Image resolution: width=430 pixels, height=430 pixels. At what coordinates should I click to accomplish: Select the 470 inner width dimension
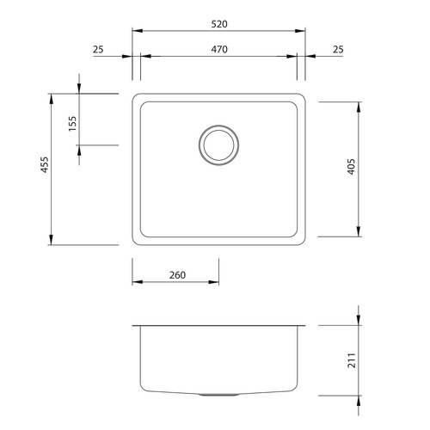(x=218, y=50)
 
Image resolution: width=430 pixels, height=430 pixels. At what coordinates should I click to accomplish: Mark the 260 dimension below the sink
(x=176, y=275)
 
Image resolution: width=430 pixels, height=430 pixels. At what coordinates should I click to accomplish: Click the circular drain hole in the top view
(x=218, y=144)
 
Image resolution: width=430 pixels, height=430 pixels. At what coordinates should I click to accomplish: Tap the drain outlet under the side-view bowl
(x=218, y=395)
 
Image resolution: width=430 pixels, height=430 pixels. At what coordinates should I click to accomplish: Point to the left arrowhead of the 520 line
(x=135, y=32)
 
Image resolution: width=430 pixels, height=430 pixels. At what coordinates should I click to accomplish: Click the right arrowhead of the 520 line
(x=303, y=32)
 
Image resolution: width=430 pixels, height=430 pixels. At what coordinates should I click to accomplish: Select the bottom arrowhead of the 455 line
(x=52, y=242)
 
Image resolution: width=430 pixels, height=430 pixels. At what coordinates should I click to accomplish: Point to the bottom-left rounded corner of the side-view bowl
(x=141, y=390)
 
